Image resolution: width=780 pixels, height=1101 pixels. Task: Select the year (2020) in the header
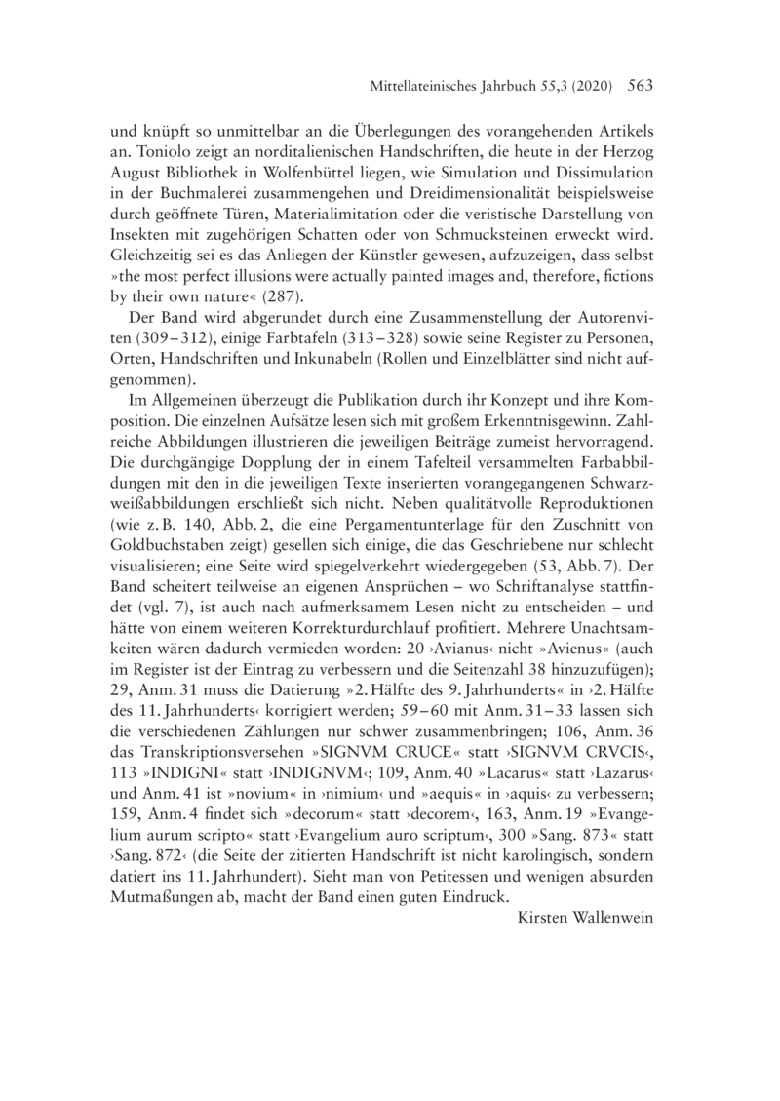coord(587,87)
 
